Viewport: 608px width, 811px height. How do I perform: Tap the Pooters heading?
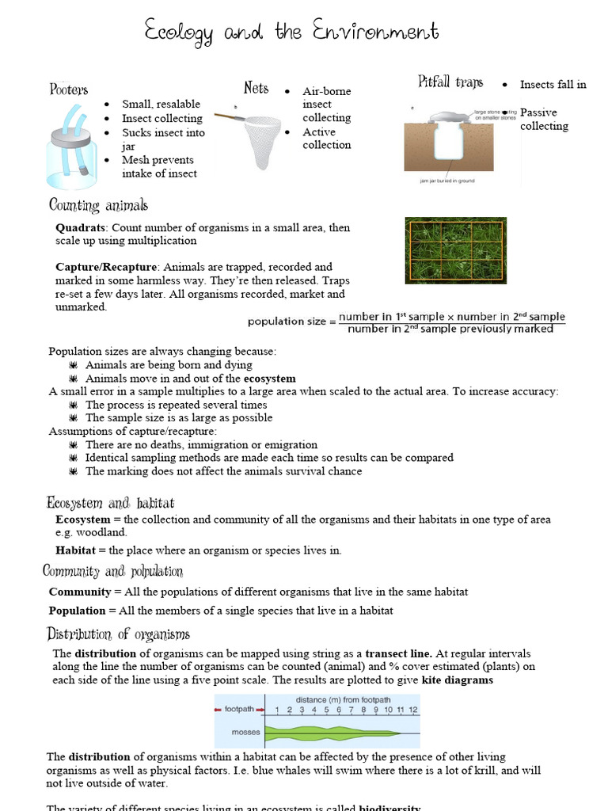pos(69,89)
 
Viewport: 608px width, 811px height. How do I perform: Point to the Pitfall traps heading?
pos(450,82)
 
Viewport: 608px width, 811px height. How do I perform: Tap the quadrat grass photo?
pos(456,250)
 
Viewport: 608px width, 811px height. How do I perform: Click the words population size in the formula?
pos(287,322)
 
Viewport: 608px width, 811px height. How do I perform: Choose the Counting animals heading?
pos(98,206)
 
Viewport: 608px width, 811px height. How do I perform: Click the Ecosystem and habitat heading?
pos(110,503)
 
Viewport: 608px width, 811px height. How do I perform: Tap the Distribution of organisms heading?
pos(119,634)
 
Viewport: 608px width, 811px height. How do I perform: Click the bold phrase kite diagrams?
pos(458,680)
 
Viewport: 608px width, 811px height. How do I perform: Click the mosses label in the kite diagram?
pos(238,733)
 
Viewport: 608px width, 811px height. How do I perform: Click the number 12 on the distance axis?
pos(413,710)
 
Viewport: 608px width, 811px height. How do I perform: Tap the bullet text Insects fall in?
pos(553,85)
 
